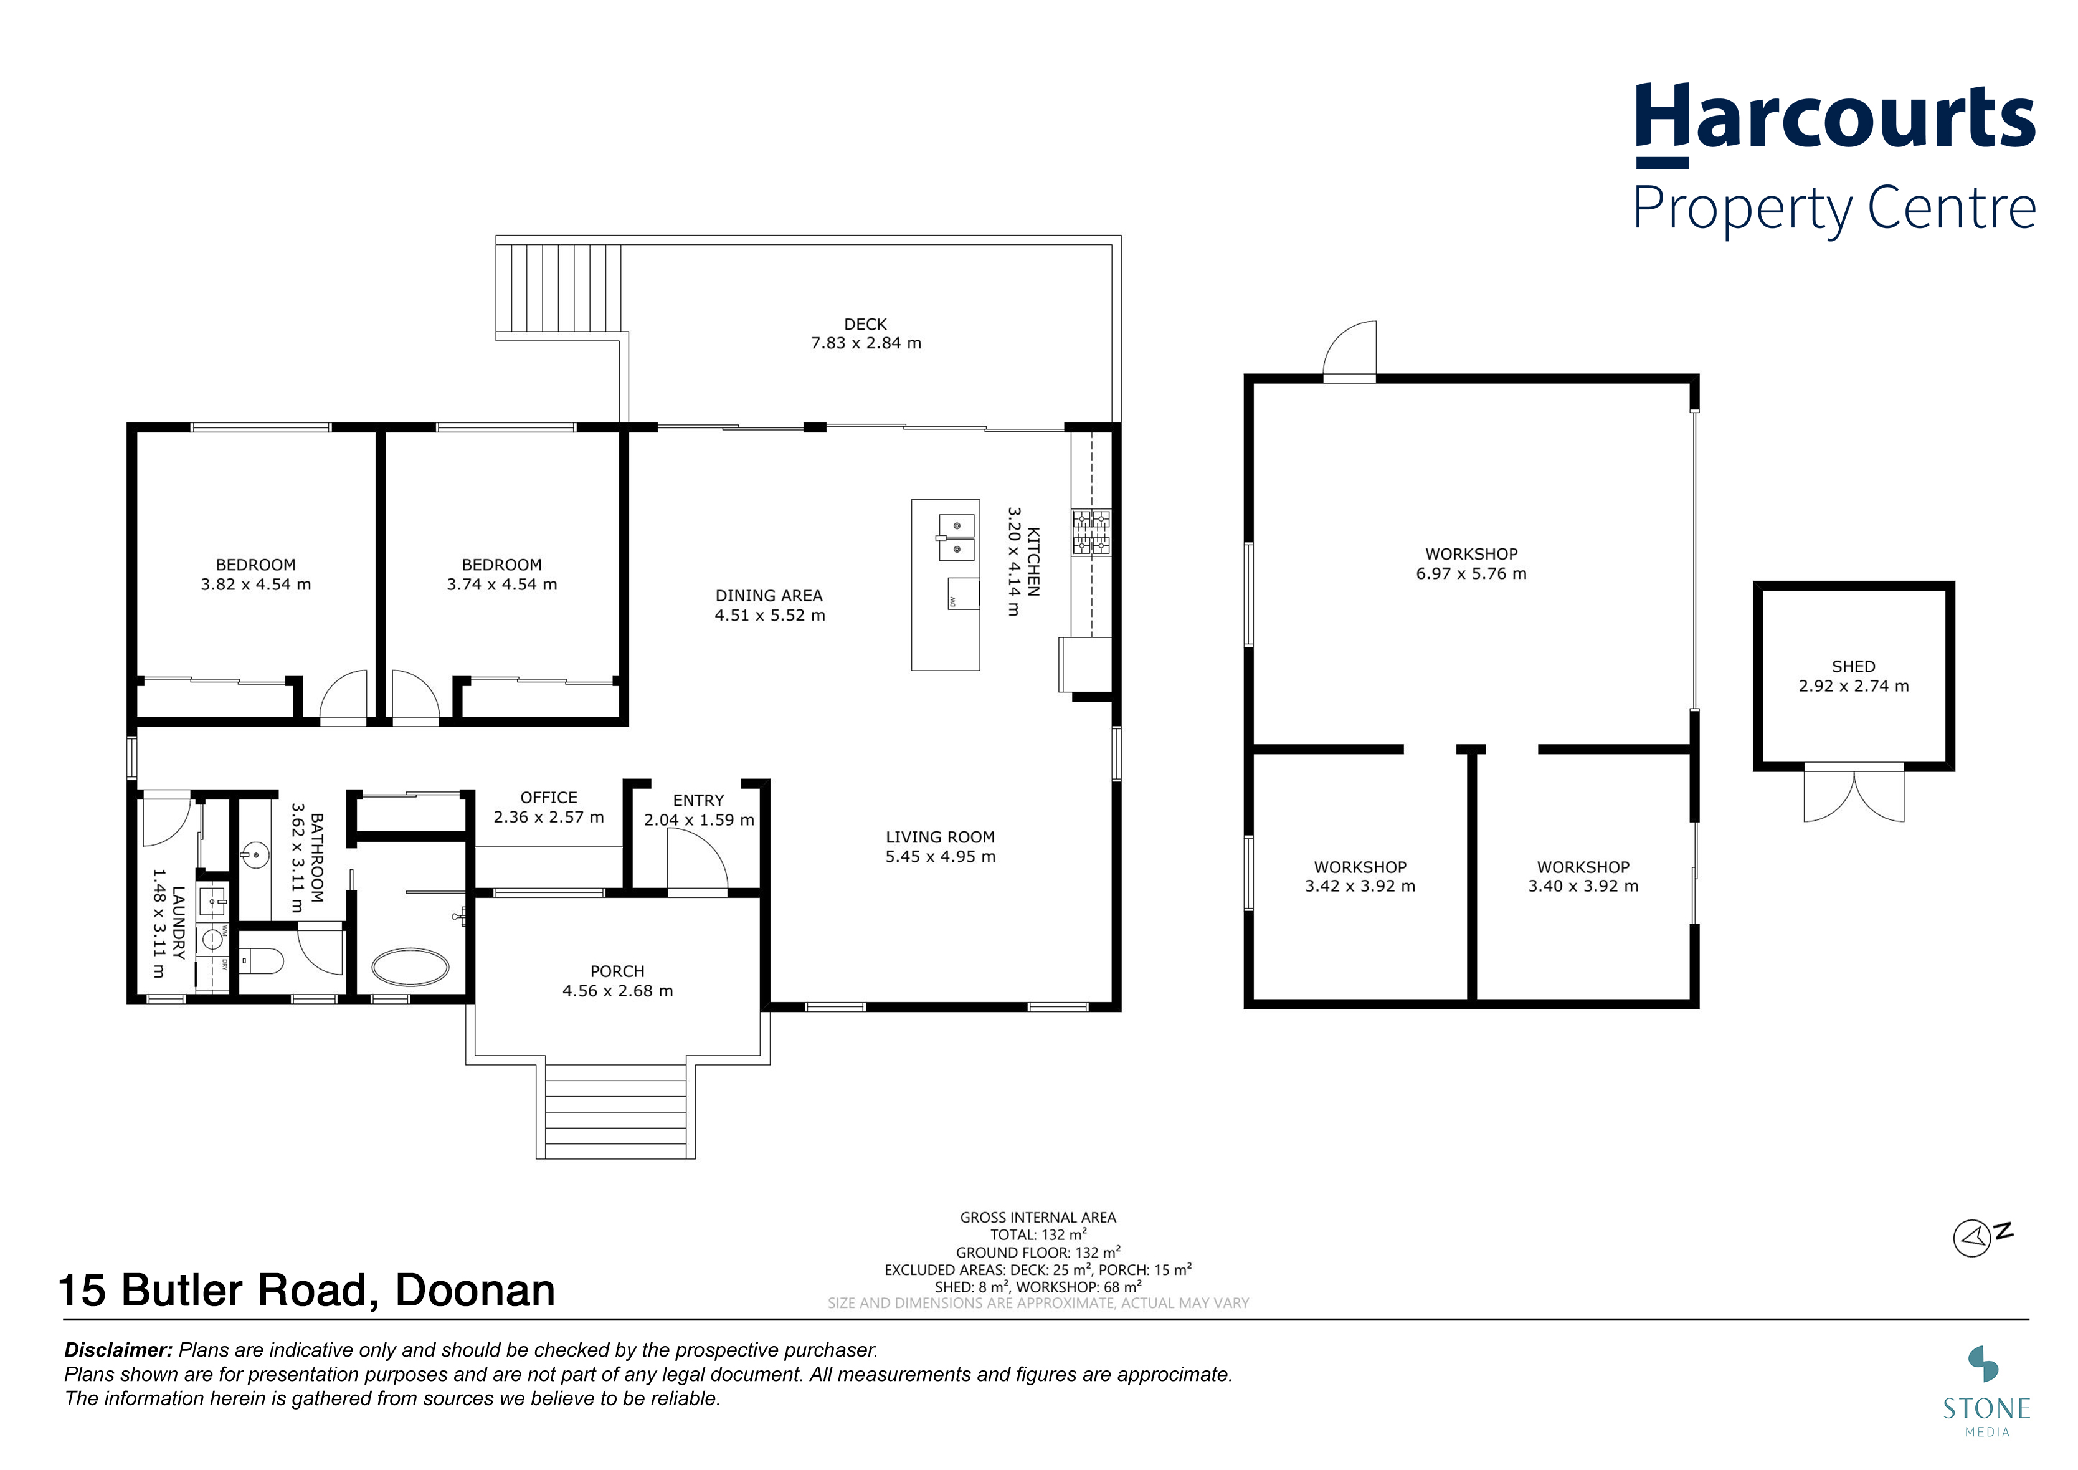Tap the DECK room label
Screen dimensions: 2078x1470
[865, 324]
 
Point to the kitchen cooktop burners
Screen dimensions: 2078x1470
[1091, 532]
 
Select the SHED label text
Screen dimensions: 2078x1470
[1854, 666]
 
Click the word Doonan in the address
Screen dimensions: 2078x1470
[475, 1291]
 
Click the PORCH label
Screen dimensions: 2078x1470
[617, 971]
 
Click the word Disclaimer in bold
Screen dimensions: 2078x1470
[118, 1350]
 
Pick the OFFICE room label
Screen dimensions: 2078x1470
[548, 798]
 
